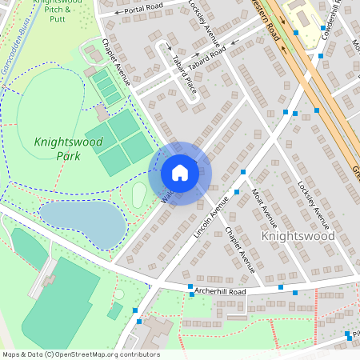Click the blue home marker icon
180,173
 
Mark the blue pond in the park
80,222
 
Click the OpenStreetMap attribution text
80,354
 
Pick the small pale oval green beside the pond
139,194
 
